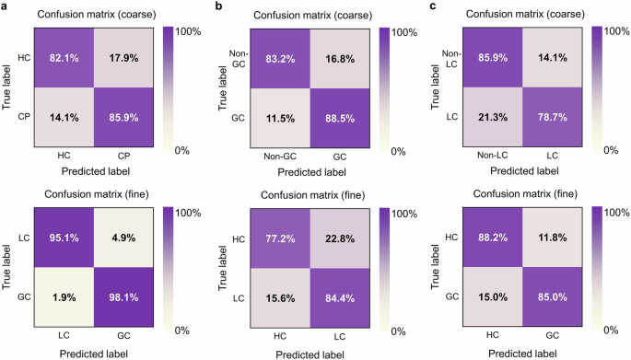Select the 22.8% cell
click(x=339, y=238)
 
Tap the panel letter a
click(x=5, y=8)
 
